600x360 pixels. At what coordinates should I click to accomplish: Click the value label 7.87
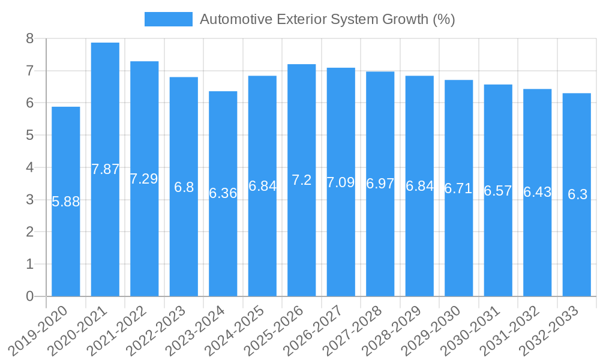point(106,169)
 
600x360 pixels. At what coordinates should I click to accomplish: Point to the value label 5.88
point(66,202)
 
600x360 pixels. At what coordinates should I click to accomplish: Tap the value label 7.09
point(341,182)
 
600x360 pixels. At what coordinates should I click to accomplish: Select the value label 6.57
point(498,191)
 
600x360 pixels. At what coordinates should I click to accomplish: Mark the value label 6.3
point(577,194)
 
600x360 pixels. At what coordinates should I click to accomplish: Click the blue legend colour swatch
point(169,19)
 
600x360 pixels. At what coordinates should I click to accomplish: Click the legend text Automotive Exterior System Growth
point(327,19)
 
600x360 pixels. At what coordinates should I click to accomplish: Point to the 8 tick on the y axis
point(30,39)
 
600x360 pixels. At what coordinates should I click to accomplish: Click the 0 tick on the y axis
point(30,296)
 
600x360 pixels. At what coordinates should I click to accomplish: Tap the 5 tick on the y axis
point(30,136)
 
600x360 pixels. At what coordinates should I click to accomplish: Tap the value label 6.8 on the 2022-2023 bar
point(184,187)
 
